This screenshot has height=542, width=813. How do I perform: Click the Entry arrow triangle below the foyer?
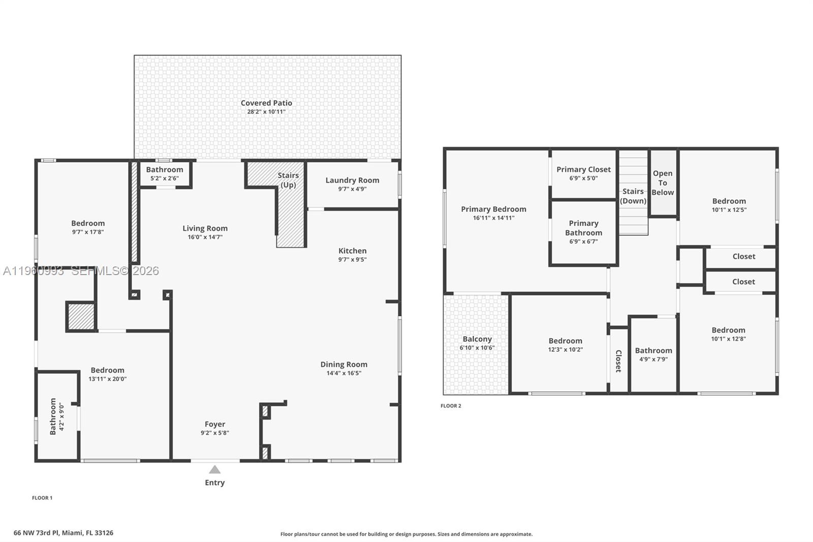coord(215,470)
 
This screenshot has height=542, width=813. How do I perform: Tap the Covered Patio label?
coord(266,103)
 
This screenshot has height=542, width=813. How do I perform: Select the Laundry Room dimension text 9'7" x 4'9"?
coord(352,189)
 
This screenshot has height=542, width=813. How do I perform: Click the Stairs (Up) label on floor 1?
coord(288,180)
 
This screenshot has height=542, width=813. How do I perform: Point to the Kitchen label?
coord(352,251)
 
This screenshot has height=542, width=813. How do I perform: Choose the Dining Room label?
coord(343,365)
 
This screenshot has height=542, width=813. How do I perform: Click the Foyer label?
coord(215,424)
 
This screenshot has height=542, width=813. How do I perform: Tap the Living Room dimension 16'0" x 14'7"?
coord(205,237)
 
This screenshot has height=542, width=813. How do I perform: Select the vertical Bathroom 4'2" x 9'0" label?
coord(56,416)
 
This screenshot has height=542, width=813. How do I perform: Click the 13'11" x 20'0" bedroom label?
coord(107,379)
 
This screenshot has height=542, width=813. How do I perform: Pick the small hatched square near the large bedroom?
coord(81,316)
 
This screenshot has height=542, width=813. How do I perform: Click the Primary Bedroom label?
coord(493,209)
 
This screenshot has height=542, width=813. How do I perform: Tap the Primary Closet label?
coord(583,169)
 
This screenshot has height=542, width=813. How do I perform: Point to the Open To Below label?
coord(663,183)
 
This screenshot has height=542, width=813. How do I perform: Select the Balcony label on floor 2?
coord(477,339)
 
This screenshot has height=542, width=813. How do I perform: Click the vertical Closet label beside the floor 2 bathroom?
coord(618,361)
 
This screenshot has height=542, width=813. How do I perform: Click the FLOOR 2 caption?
coord(451,406)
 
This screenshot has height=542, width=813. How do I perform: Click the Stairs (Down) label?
coord(633,196)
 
